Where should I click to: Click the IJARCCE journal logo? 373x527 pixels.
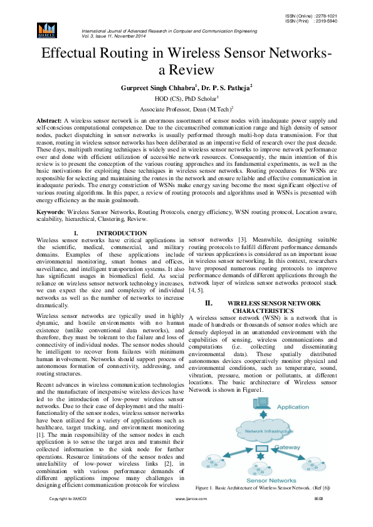47,29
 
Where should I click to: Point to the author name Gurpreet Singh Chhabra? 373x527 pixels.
157,88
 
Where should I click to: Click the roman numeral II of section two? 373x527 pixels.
210,303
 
